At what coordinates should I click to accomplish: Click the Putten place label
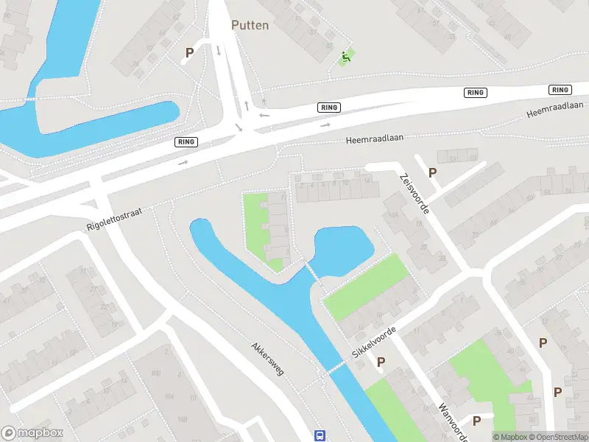(x=250, y=25)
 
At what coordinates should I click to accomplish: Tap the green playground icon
(x=345, y=56)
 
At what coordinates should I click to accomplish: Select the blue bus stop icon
(x=320, y=435)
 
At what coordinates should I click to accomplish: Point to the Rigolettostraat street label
(x=114, y=218)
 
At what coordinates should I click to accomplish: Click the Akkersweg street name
(x=267, y=358)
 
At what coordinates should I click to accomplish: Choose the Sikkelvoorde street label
(x=374, y=343)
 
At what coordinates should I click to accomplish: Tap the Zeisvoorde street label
(x=415, y=193)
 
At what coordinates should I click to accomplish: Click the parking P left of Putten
(x=189, y=53)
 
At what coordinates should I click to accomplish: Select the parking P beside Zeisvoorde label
(x=433, y=172)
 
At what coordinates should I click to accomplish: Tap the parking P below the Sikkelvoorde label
(x=381, y=362)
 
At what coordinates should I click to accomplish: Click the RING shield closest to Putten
(x=329, y=108)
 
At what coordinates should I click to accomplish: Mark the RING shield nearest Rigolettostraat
(x=186, y=141)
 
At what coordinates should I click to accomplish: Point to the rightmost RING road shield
(x=560, y=90)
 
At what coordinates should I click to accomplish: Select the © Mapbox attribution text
(x=510, y=436)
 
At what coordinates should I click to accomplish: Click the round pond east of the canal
(x=342, y=250)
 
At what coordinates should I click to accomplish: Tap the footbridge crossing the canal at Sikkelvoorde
(x=336, y=366)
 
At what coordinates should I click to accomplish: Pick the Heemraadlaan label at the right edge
(x=555, y=110)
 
